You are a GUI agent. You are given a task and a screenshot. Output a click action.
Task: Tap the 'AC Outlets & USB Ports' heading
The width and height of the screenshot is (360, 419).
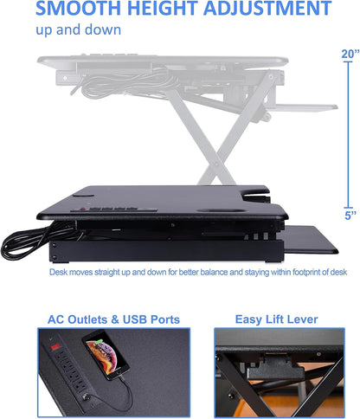click(114, 319)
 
